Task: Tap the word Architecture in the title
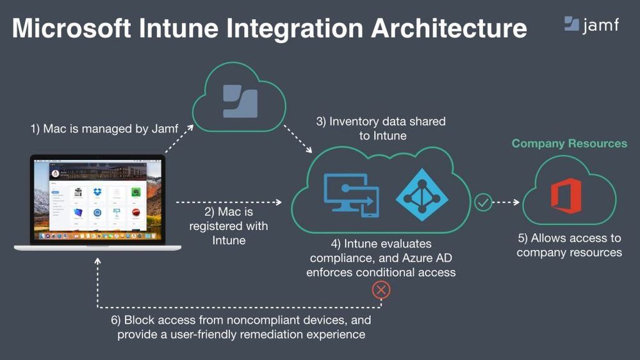point(448,28)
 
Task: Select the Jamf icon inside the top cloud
point(240,101)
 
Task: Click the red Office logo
point(566,195)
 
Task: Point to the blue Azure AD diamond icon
point(422,195)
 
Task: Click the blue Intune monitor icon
point(352,195)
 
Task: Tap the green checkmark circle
point(483,202)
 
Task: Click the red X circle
point(381,290)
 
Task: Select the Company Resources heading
point(570,143)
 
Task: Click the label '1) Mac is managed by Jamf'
point(104,129)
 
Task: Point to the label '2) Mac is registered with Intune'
point(229,225)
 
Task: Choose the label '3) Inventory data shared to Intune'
point(381,129)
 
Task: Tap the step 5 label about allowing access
point(570,245)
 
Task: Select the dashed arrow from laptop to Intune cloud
point(229,202)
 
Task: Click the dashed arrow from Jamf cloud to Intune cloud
point(298,139)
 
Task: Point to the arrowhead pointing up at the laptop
point(97,261)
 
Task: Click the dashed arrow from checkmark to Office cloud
point(507,202)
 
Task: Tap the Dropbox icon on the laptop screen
point(97,192)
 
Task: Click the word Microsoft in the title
point(71,28)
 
